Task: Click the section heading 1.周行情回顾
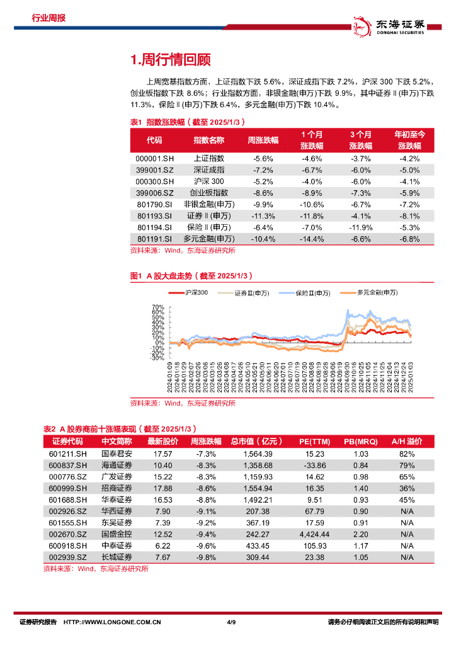pos(169,60)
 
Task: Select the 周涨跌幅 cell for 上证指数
pos(263,159)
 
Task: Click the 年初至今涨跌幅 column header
pos(410,140)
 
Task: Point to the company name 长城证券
pos(117,557)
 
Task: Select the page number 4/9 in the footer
pos(231,622)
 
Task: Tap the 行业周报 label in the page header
pos(48,18)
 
